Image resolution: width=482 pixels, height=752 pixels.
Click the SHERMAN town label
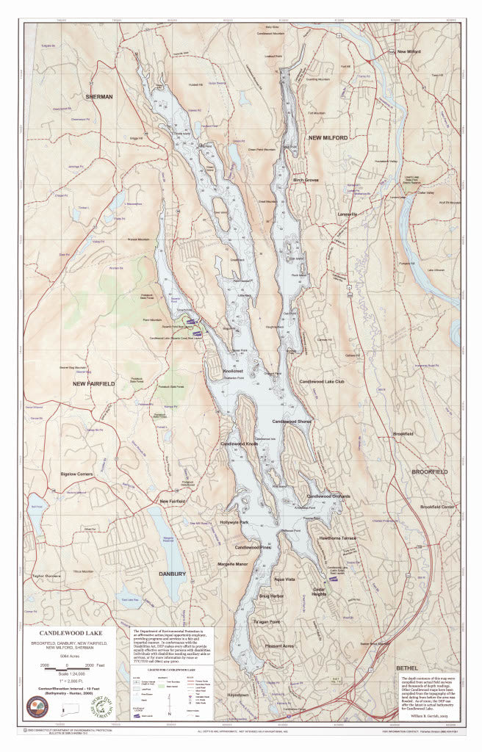[x=99, y=97]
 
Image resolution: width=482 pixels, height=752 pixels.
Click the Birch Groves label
[x=306, y=180]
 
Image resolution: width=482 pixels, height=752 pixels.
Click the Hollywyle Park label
[x=234, y=522]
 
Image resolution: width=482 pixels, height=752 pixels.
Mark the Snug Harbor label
[x=271, y=596]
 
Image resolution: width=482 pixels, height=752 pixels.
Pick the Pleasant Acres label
[x=279, y=646]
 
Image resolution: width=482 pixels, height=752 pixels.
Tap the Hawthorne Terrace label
[x=337, y=538]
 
